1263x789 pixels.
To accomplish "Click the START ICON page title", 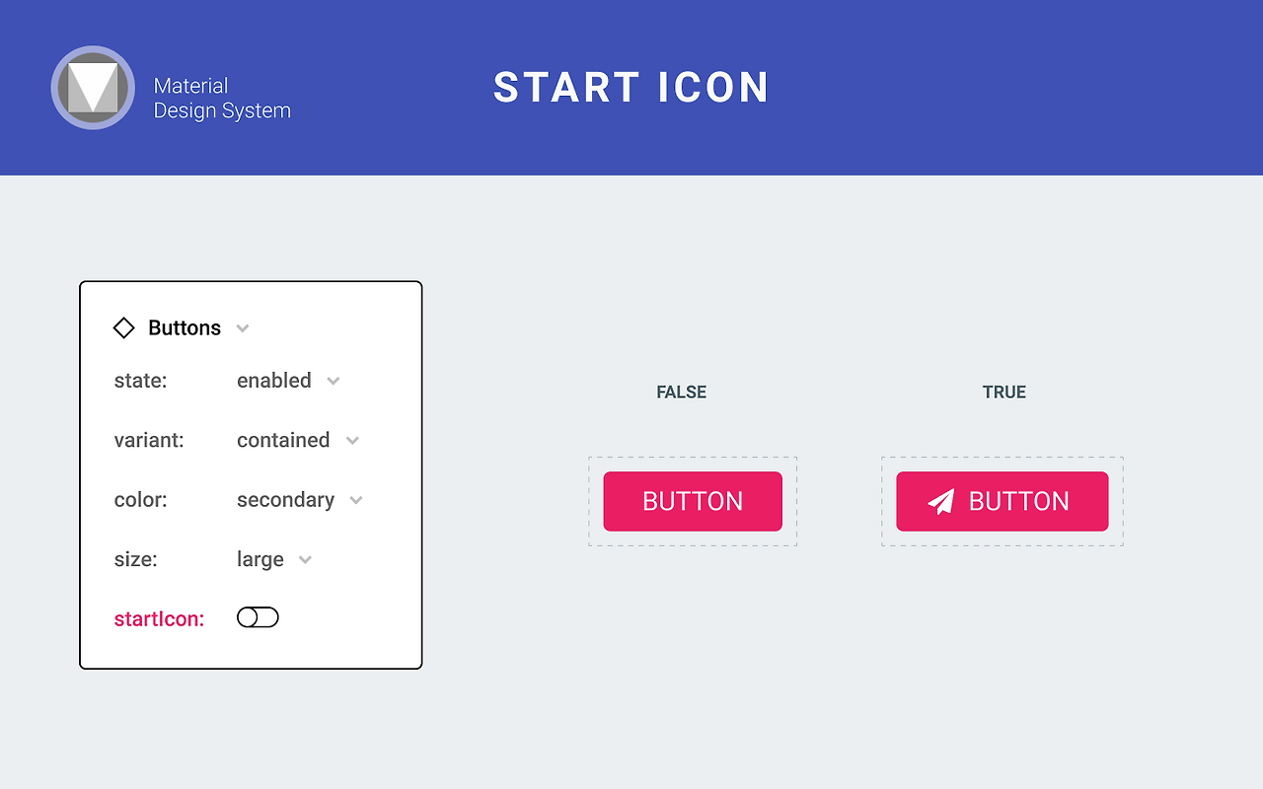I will (631, 88).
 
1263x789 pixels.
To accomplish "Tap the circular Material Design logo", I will (93, 88).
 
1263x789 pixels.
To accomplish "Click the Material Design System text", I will (222, 99).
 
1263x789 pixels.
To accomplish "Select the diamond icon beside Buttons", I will (123, 327).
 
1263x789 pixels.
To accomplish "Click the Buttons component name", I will (185, 328).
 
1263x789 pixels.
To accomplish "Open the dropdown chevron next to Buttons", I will (243, 328).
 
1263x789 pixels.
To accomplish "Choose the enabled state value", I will (274, 381).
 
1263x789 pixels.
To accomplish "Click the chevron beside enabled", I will (334, 382).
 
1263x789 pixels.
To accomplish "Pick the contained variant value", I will (283, 440).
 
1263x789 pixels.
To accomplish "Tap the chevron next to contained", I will (352, 441).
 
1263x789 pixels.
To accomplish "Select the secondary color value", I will (285, 500).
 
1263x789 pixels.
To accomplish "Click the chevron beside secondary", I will (356, 501).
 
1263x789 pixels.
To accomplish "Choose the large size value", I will (260, 559).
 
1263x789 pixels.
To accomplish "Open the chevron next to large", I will (306, 560).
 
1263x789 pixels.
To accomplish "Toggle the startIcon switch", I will (258, 617).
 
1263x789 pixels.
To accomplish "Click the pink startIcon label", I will (159, 619).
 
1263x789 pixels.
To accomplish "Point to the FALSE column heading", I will (682, 393).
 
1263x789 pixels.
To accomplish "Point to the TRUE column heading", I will (1004, 393).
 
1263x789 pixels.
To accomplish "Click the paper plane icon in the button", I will (941, 502).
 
